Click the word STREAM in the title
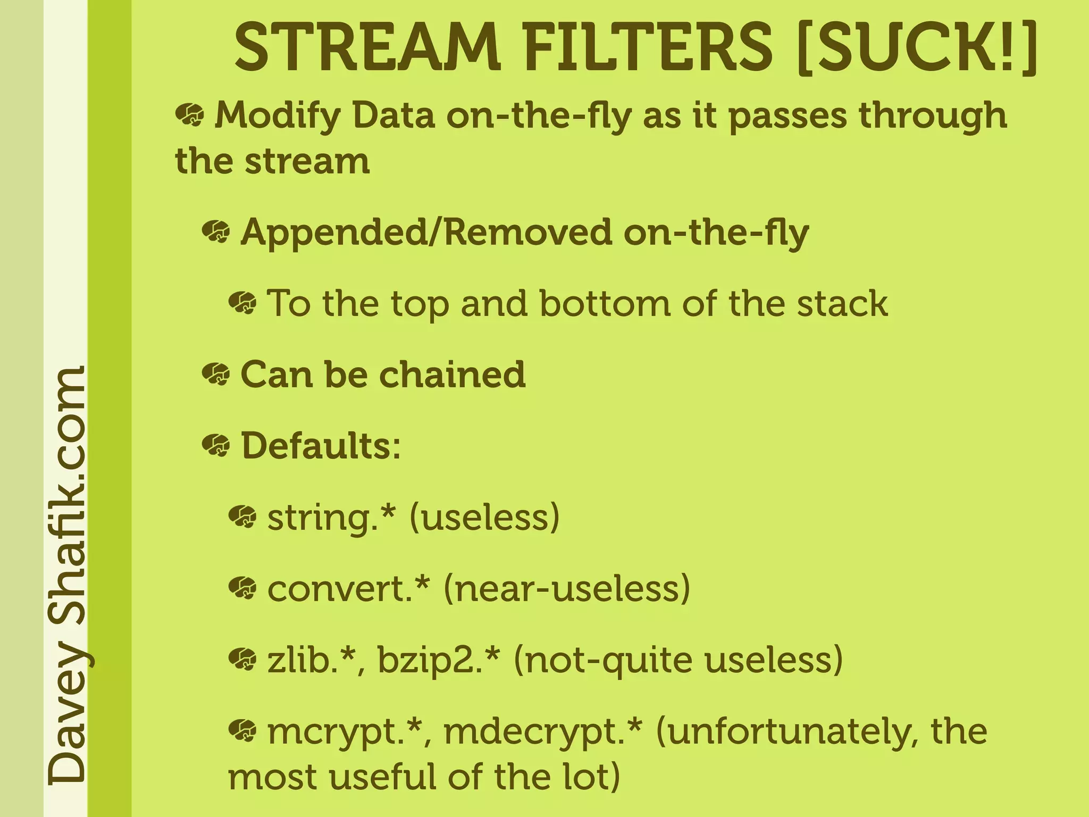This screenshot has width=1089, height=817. coord(367,48)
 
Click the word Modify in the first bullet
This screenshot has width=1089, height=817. coord(277,116)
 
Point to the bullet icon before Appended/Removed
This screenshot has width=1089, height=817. coord(216,232)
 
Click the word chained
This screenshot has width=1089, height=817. coord(452,374)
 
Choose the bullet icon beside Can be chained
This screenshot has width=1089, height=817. coord(216,374)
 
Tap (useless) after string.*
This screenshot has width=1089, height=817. coord(484,517)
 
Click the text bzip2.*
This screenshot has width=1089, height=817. coord(439,660)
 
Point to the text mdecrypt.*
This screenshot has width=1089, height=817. coord(543,731)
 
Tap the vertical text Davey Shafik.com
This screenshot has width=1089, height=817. coord(66,574)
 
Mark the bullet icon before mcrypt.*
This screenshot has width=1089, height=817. coord(242,730)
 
